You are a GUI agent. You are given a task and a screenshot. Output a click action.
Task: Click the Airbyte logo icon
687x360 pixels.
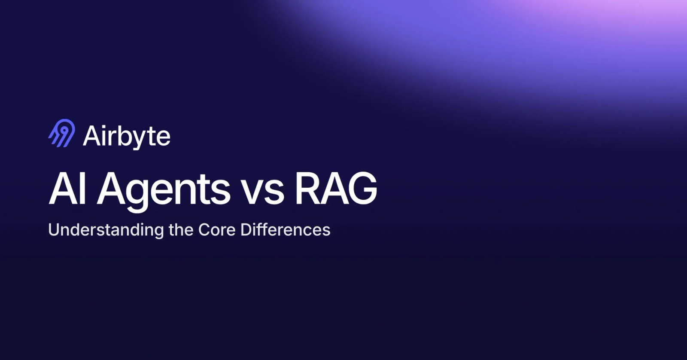62,133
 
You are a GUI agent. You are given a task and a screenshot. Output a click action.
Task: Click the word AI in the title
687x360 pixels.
67,189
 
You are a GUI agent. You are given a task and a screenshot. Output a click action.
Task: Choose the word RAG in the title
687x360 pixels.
336,189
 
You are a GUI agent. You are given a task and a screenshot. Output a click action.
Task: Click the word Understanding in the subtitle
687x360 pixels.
106,230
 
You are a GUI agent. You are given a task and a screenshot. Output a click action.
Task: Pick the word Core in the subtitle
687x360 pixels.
217,230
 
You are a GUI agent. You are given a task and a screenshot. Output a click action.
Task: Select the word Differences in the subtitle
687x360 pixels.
286,229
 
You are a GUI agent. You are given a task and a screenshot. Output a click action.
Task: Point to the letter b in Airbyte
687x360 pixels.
121,136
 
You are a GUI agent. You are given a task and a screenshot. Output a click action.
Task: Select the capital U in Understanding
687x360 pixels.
54,229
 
